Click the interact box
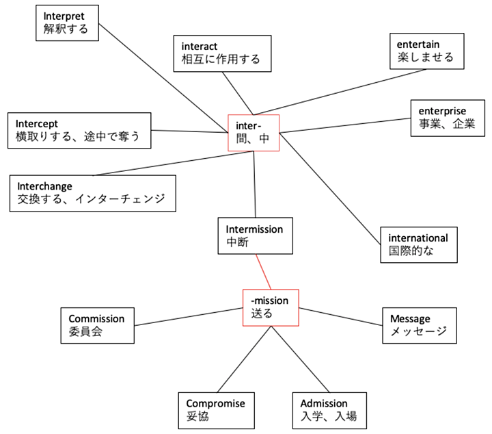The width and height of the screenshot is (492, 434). [221, 53]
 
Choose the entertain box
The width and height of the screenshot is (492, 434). [425, 51]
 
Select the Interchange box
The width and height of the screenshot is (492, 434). [92, 194]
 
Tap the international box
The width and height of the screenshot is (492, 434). [418, 244]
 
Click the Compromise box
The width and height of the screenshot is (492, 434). [215, 410]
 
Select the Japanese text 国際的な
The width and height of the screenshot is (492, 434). [411, 251]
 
